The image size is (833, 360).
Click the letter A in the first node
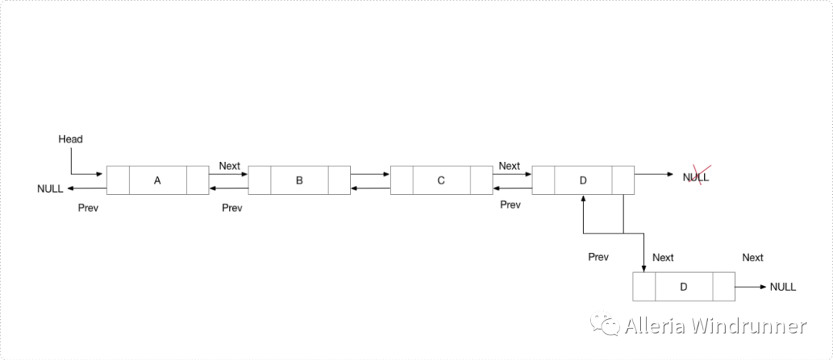(x=157, y=180)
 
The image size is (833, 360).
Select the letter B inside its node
(x=299, y=180)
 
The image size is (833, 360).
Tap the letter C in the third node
(x=441, y=180)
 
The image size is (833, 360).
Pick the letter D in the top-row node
(x=583, y=180)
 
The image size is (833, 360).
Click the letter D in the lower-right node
(x=683, y=287)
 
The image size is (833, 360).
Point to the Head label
(x=70, y=140)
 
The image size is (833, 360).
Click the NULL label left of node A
(x=50, y=189)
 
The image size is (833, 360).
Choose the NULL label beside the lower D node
(x=783, y=287)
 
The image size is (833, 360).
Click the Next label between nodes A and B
(x=229, y=166)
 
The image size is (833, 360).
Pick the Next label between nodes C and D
(x=509, y=166)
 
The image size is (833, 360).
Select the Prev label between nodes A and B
(x=232, y=208)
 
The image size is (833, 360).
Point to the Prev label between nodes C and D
(x=510, y=205)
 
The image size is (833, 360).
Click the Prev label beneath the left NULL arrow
(x=89, y=208)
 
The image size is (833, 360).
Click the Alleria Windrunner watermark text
(x=715, y=326)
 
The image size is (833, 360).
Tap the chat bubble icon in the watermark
(x=605, y=325)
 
